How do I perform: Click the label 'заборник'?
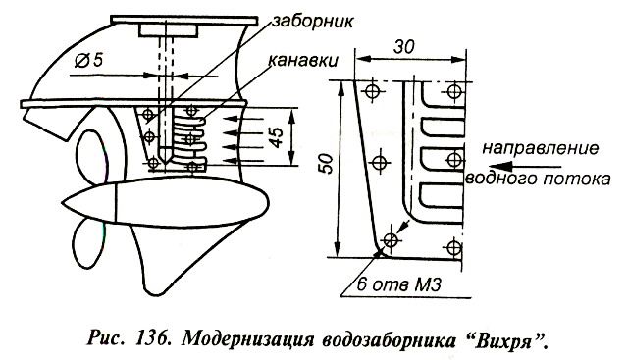[x=312, y=22]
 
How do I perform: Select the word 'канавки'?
[x=302, y=61]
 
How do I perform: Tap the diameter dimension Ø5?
[x=89, y=60]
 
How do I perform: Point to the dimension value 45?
[x=277, y=137]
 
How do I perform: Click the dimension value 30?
[x=403, y=47]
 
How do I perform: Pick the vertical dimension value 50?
[x=327, y=164]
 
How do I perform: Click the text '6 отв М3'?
[x=398, y=284]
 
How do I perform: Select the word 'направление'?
[x=541, y=148]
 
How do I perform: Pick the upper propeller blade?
[x=89, y=157]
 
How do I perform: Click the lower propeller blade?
[x=88, y=243]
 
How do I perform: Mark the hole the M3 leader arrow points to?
[x=391, y=240]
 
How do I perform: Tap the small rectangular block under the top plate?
[x=168, y=30]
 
